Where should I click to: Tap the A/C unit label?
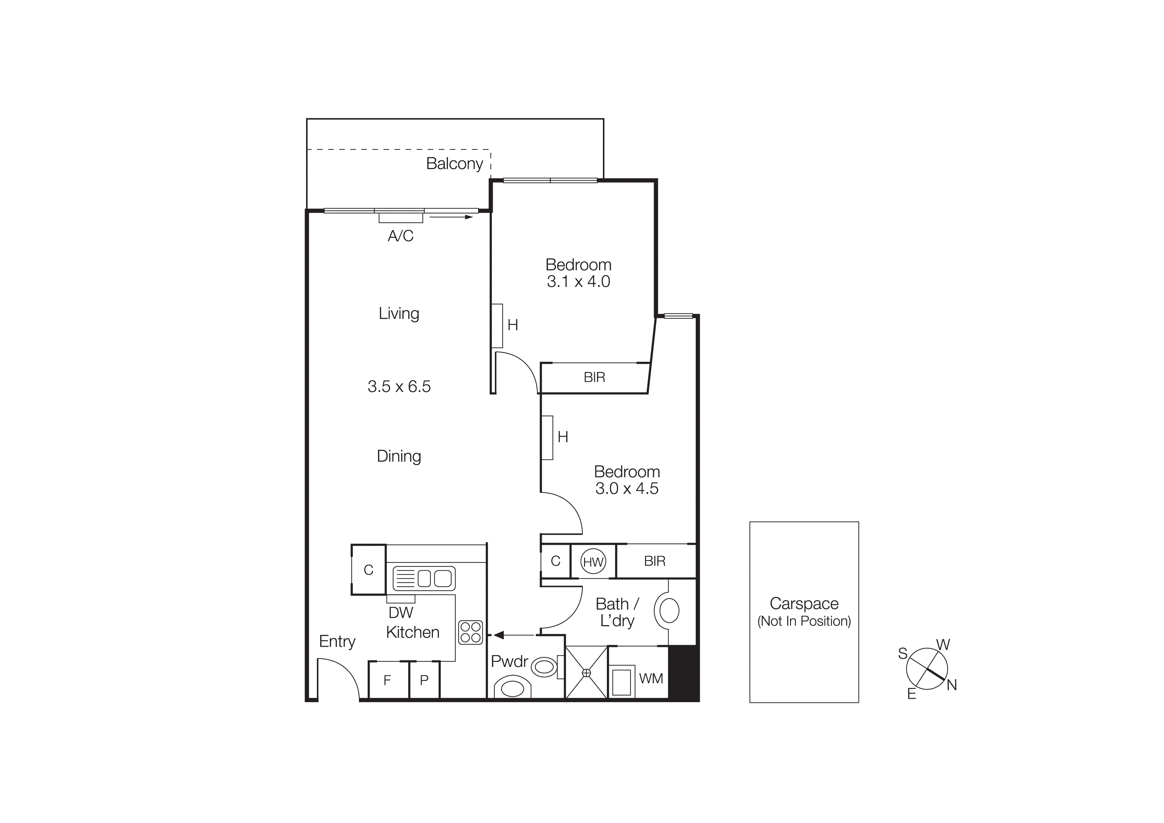[400, 236]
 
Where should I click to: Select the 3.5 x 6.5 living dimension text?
[399, 386]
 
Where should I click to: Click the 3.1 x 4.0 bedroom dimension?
[578, 282]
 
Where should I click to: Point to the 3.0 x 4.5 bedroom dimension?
[626, 488]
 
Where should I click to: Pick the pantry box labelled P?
[424, 680]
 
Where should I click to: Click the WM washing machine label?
[651, 679]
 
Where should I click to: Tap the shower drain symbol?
[587, 673]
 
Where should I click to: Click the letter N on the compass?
[952, 685]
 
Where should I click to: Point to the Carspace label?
[804, 604]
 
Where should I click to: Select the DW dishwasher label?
[400, 613]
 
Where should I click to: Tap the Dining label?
[399, 456]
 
